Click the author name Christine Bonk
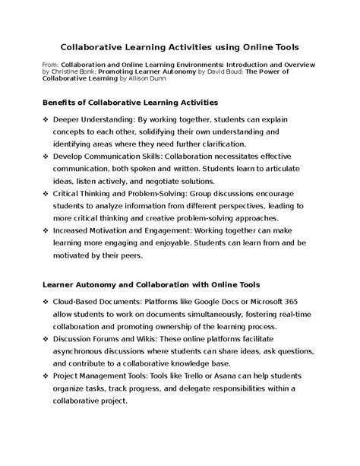(91, 78)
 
